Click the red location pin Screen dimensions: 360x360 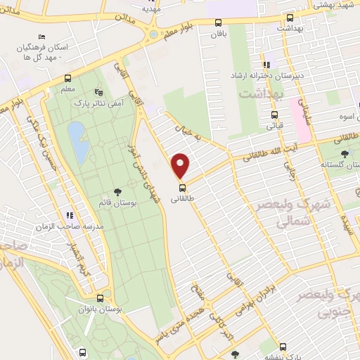click(x=181, y=165)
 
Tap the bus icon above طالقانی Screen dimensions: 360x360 click(x=182, y=188)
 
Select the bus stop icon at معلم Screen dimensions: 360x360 click(x=68, y=78)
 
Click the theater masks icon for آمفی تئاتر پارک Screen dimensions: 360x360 click(x=98, y=91)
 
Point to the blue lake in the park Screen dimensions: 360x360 click(x=77, y=141)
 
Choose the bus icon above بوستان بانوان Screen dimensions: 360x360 click(x=102, y=297)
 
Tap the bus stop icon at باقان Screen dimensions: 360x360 click(x=219, y=22)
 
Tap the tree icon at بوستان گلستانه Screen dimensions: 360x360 click(x=344, y=155)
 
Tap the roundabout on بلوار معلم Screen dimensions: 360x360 click(x=152, y=33)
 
